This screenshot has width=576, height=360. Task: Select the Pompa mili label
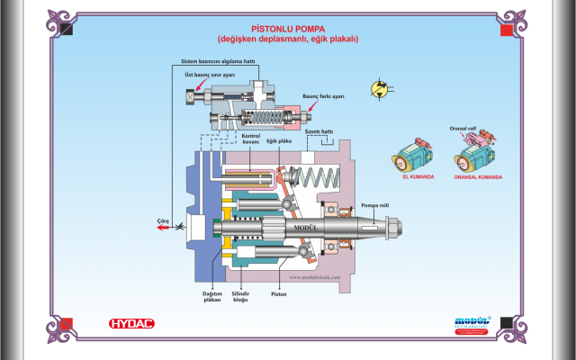pos(373,205)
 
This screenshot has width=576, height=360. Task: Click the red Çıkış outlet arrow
pos(165,229)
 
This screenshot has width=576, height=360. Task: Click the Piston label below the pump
pos(279,293)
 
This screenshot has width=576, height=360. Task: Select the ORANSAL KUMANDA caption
pos(478,176)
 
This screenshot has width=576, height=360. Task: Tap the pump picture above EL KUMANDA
pos(413,157)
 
